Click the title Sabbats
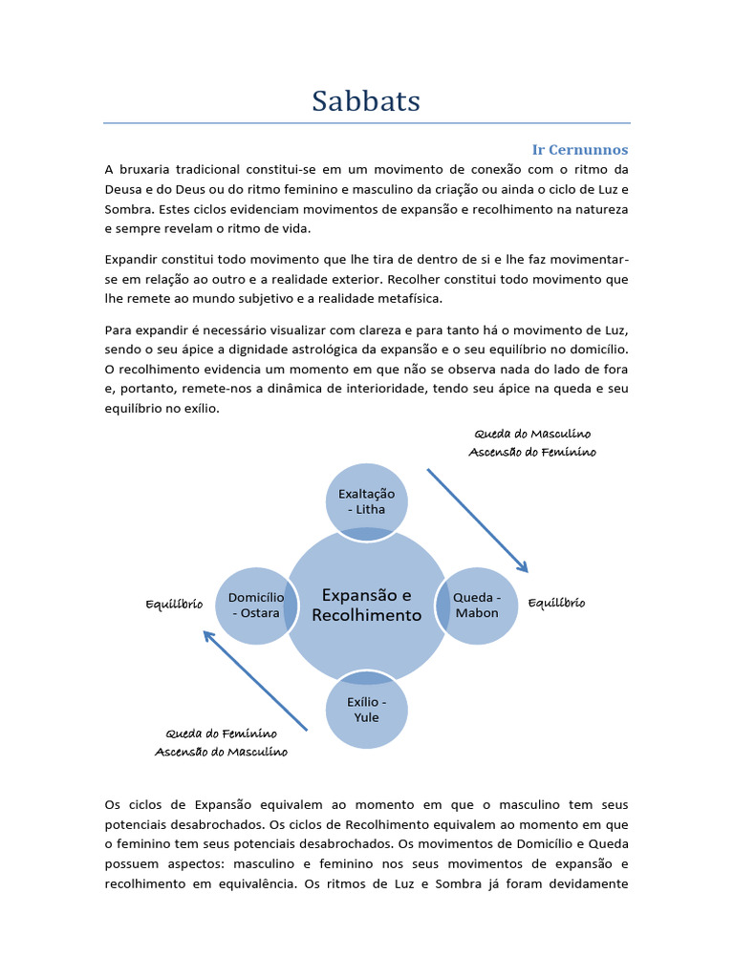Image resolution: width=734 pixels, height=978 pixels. click(366, 100)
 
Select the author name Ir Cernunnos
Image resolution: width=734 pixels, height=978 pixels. click(580, 150)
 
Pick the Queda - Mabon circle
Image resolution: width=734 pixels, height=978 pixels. click(477, 606)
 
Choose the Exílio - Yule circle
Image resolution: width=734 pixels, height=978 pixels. click(366, 710)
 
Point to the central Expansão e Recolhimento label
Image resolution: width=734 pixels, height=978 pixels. click(366, 606)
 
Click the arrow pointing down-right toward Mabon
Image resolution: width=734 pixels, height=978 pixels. click(477, 521)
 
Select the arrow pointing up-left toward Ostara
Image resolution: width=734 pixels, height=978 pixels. click(255, 681)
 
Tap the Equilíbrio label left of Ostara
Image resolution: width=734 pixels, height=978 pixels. click(173, 605)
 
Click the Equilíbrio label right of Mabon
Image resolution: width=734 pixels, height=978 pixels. click(556, 604)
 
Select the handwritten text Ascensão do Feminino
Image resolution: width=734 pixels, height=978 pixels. click(531, 453)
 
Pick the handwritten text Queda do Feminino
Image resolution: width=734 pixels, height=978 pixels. click(221, 733)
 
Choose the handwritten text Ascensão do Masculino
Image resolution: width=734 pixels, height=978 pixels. click(221, 752)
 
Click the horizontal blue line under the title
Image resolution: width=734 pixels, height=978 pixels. click(366, 123)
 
